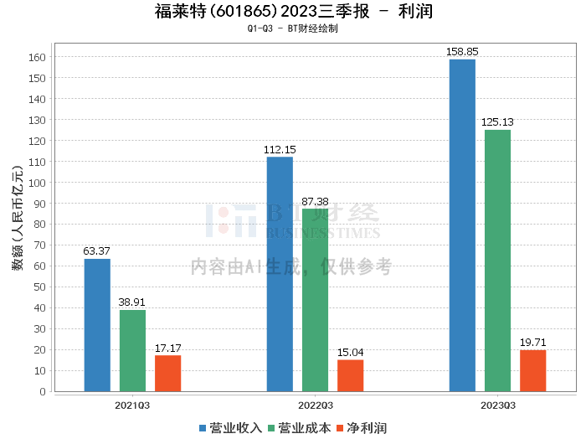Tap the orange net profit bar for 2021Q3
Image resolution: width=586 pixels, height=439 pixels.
pyautogui.click(x=167, y=373)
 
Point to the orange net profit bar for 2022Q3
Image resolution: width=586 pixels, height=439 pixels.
pyautogui.click(x=350, y=375)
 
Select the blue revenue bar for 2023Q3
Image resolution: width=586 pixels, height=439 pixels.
pyautogui.click(x=462, y=225)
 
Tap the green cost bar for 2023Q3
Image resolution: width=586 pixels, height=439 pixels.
pyautogui.click(x=497, y=261)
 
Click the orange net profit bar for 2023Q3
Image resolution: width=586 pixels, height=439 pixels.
pyautogui.click(x=532, y=370)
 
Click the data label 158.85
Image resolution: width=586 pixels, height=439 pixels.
pyautogui.click(x=462, y=52)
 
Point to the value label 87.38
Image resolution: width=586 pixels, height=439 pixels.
pyautogui.click(x=315, y=202)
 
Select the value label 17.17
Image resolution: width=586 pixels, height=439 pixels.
pyautogui.click(x=167, y=348)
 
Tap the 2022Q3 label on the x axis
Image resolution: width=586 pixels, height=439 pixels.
pyautogui.click(x=315, y=405)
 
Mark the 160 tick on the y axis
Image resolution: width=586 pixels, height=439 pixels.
pyautogui.click(x=38, y=58)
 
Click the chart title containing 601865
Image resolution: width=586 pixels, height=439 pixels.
pyautogui.click(x=293, y=12)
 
